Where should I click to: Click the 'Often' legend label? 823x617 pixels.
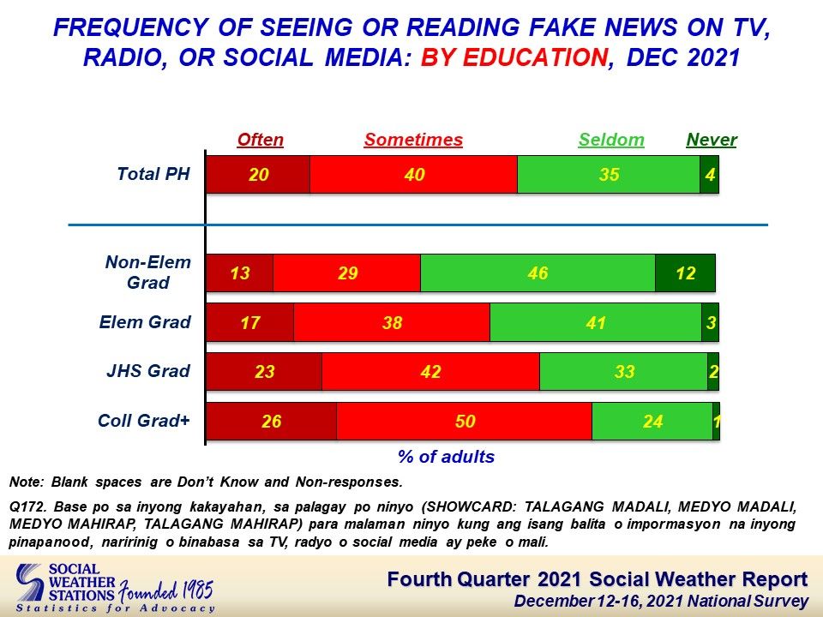(261, 140)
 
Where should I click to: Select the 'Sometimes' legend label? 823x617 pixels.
(413, 140)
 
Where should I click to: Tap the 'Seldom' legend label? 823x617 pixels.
(611, 140)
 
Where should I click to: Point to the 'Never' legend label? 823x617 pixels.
(712, 140)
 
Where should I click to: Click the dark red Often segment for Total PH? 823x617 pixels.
(258, 174)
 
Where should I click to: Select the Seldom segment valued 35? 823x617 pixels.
(609, 174)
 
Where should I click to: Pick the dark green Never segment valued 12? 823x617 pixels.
(685, 273)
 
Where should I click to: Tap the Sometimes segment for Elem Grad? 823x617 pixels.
(392, 322)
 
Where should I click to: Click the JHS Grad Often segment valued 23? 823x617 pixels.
(264, 371)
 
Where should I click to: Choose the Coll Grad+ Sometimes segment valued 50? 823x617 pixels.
(465, 421)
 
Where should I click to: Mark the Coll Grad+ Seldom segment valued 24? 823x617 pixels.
(652, 421)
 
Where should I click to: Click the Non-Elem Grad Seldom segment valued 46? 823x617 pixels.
(538, 273)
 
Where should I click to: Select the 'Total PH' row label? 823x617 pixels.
(153, 174)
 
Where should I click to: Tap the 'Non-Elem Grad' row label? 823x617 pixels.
(148, 273)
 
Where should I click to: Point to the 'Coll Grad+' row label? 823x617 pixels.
(144, 421)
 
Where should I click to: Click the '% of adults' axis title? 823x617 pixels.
(446, 457)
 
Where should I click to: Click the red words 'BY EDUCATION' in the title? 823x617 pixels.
(514, 57)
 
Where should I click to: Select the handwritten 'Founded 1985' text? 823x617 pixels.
(166, 590)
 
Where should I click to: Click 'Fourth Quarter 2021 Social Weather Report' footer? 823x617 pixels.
(598, 579)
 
